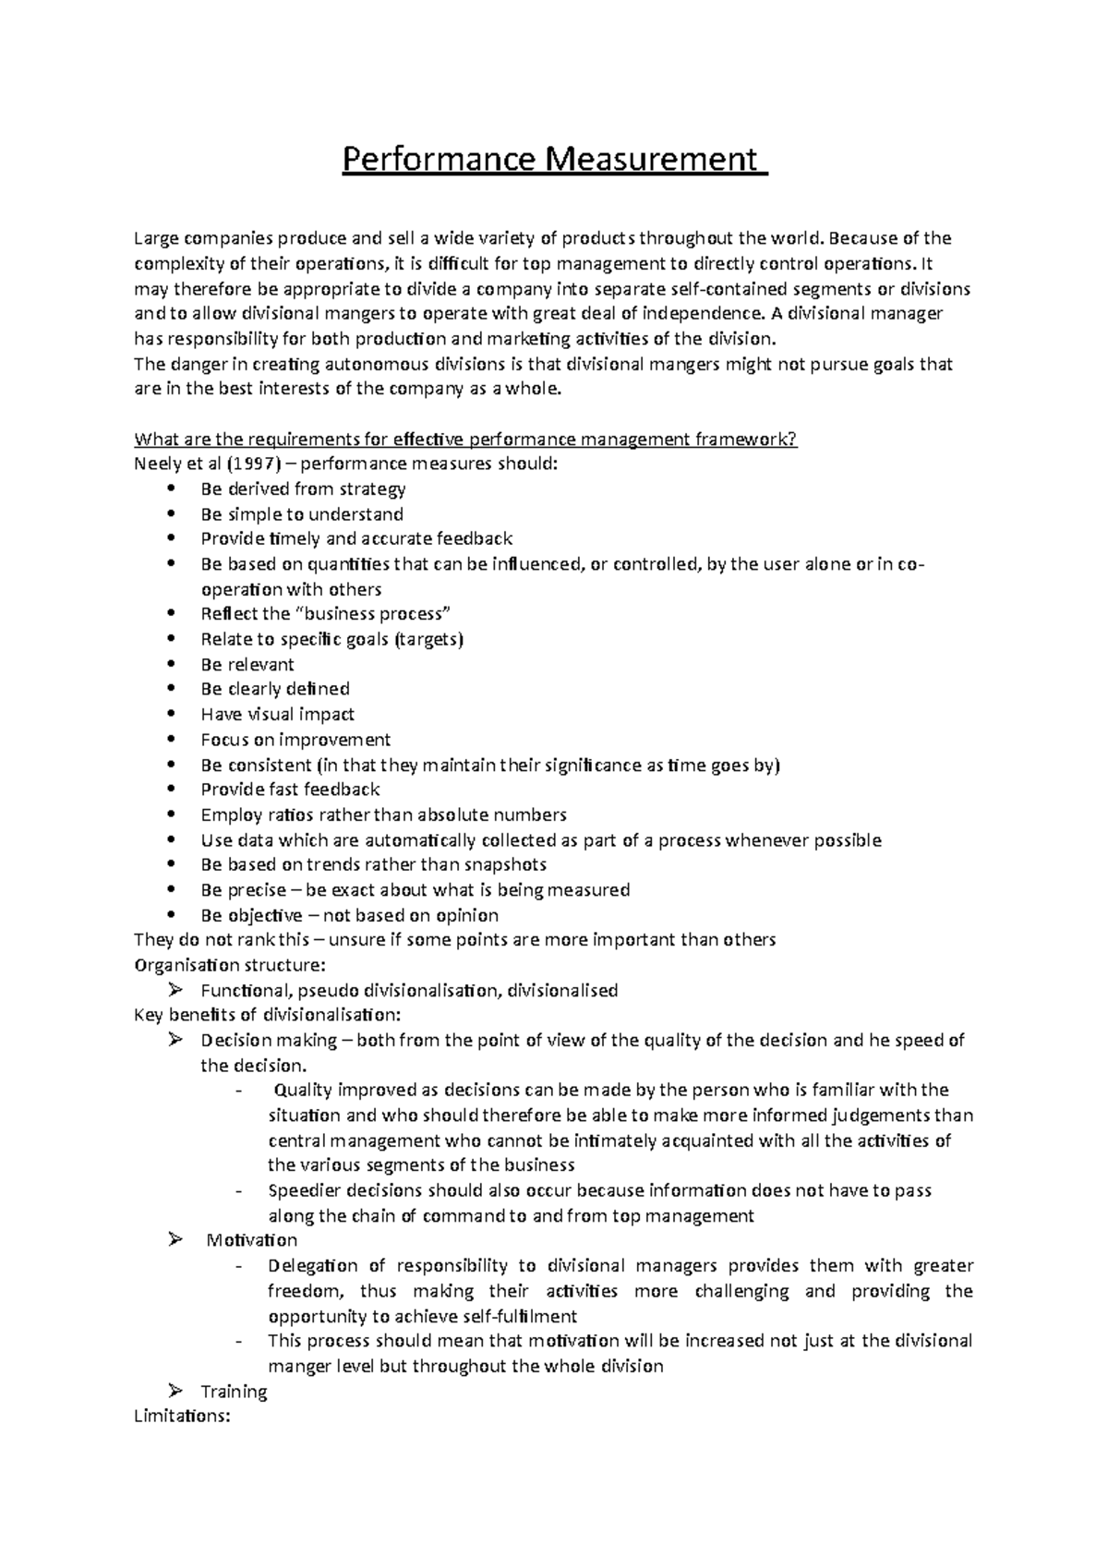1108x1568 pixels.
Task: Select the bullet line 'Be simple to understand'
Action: (x=301, y=513)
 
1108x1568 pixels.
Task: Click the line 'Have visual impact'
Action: (x=277, y=714)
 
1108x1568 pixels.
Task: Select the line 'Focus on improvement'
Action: (x=295, y=740)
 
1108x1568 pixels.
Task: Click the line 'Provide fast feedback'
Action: (x=290, y=790)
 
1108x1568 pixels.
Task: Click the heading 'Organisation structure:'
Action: (x=230, y=965)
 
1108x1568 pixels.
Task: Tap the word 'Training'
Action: (x=234, y=1391)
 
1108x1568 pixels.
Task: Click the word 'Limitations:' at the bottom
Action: (x=182, y=1416)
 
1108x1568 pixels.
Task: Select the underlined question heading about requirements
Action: (x=465, y=439)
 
